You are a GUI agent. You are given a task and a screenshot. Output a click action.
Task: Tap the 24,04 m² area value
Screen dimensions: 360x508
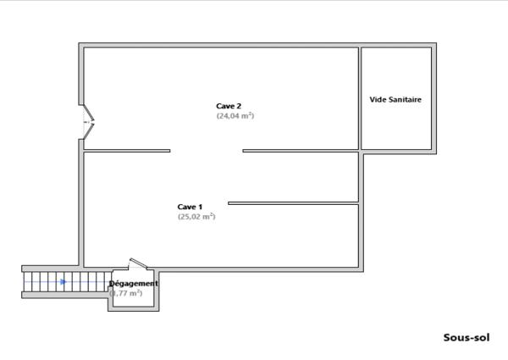click(x=235, y=116)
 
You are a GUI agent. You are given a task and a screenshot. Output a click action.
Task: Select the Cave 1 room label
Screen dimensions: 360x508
click(x=190, y=207)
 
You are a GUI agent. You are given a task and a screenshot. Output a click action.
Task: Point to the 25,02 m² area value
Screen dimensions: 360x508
click(x=196, y=217)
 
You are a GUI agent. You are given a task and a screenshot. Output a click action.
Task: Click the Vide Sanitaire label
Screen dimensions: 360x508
click(x=395, y=99)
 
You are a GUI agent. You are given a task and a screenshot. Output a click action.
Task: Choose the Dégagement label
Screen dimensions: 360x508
click(x=134, y=283)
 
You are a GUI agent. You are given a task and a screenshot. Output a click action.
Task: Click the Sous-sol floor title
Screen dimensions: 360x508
click(x=467, y=336)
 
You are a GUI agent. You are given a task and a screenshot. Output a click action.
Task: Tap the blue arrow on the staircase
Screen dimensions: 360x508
click(x=63, y=281)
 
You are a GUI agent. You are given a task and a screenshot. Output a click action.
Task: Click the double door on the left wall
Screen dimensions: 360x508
click(x=87, y=123)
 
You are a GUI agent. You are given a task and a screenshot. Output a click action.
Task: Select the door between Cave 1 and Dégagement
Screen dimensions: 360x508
click(x=139, y=265)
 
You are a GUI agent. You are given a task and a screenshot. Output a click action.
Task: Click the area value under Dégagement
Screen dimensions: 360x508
click(x=127, y=293)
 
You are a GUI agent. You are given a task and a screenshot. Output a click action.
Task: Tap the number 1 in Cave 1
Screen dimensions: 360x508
click(x=201, y=207)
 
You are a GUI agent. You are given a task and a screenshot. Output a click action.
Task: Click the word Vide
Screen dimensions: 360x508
click(x=378, y=99)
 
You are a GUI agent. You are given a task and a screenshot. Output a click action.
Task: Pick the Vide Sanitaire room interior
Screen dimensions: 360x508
click(x=396, y=123)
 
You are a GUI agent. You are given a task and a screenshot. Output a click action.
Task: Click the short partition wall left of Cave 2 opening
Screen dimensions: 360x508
click(x=127, y=151)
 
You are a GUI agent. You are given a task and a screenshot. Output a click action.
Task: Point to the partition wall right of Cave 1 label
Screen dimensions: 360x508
click(x=293, y=202)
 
